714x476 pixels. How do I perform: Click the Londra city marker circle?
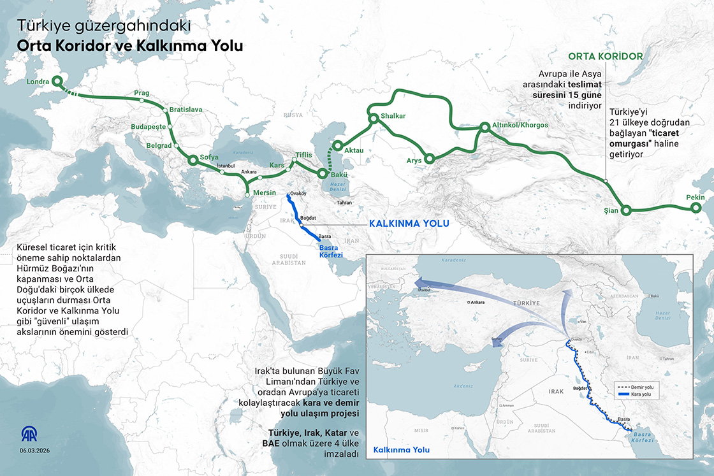click(x=56, y=81)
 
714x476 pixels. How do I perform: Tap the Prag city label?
click(x=142, y=94)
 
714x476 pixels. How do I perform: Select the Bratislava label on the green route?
click(x=186, y=110)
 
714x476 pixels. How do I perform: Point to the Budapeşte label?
click(x=148, y=127)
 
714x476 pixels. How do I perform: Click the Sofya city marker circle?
click(x=193, y=160)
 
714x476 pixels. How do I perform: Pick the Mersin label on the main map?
click(x=265, y=192)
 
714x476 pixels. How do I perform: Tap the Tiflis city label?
click(x=304, y=155)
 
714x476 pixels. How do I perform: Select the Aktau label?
click(x=354, y=150)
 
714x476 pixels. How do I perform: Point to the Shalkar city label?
click(x=393, y=117)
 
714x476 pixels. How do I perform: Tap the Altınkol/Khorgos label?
click(x=520, y=125)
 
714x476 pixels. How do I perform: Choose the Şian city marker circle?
click(x=627, y=210)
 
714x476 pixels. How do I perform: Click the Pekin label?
click(x=696, y=198)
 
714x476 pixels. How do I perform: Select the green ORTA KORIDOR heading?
click(x=606, y=56)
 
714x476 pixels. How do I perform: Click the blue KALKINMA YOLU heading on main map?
click(x=410, y=224)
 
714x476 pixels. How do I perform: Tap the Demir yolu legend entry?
click(x=643, y=387)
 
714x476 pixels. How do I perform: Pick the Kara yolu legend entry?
click(x=641, y=395)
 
